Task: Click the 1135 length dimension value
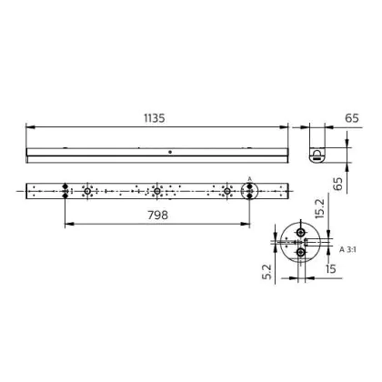155,118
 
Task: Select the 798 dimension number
157,215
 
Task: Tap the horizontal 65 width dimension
352,118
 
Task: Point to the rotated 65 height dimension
337,184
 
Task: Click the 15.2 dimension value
319,208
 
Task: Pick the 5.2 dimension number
267,272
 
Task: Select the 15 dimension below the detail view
330,268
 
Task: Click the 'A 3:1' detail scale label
347,250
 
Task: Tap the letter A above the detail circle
249,179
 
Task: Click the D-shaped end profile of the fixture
317,156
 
